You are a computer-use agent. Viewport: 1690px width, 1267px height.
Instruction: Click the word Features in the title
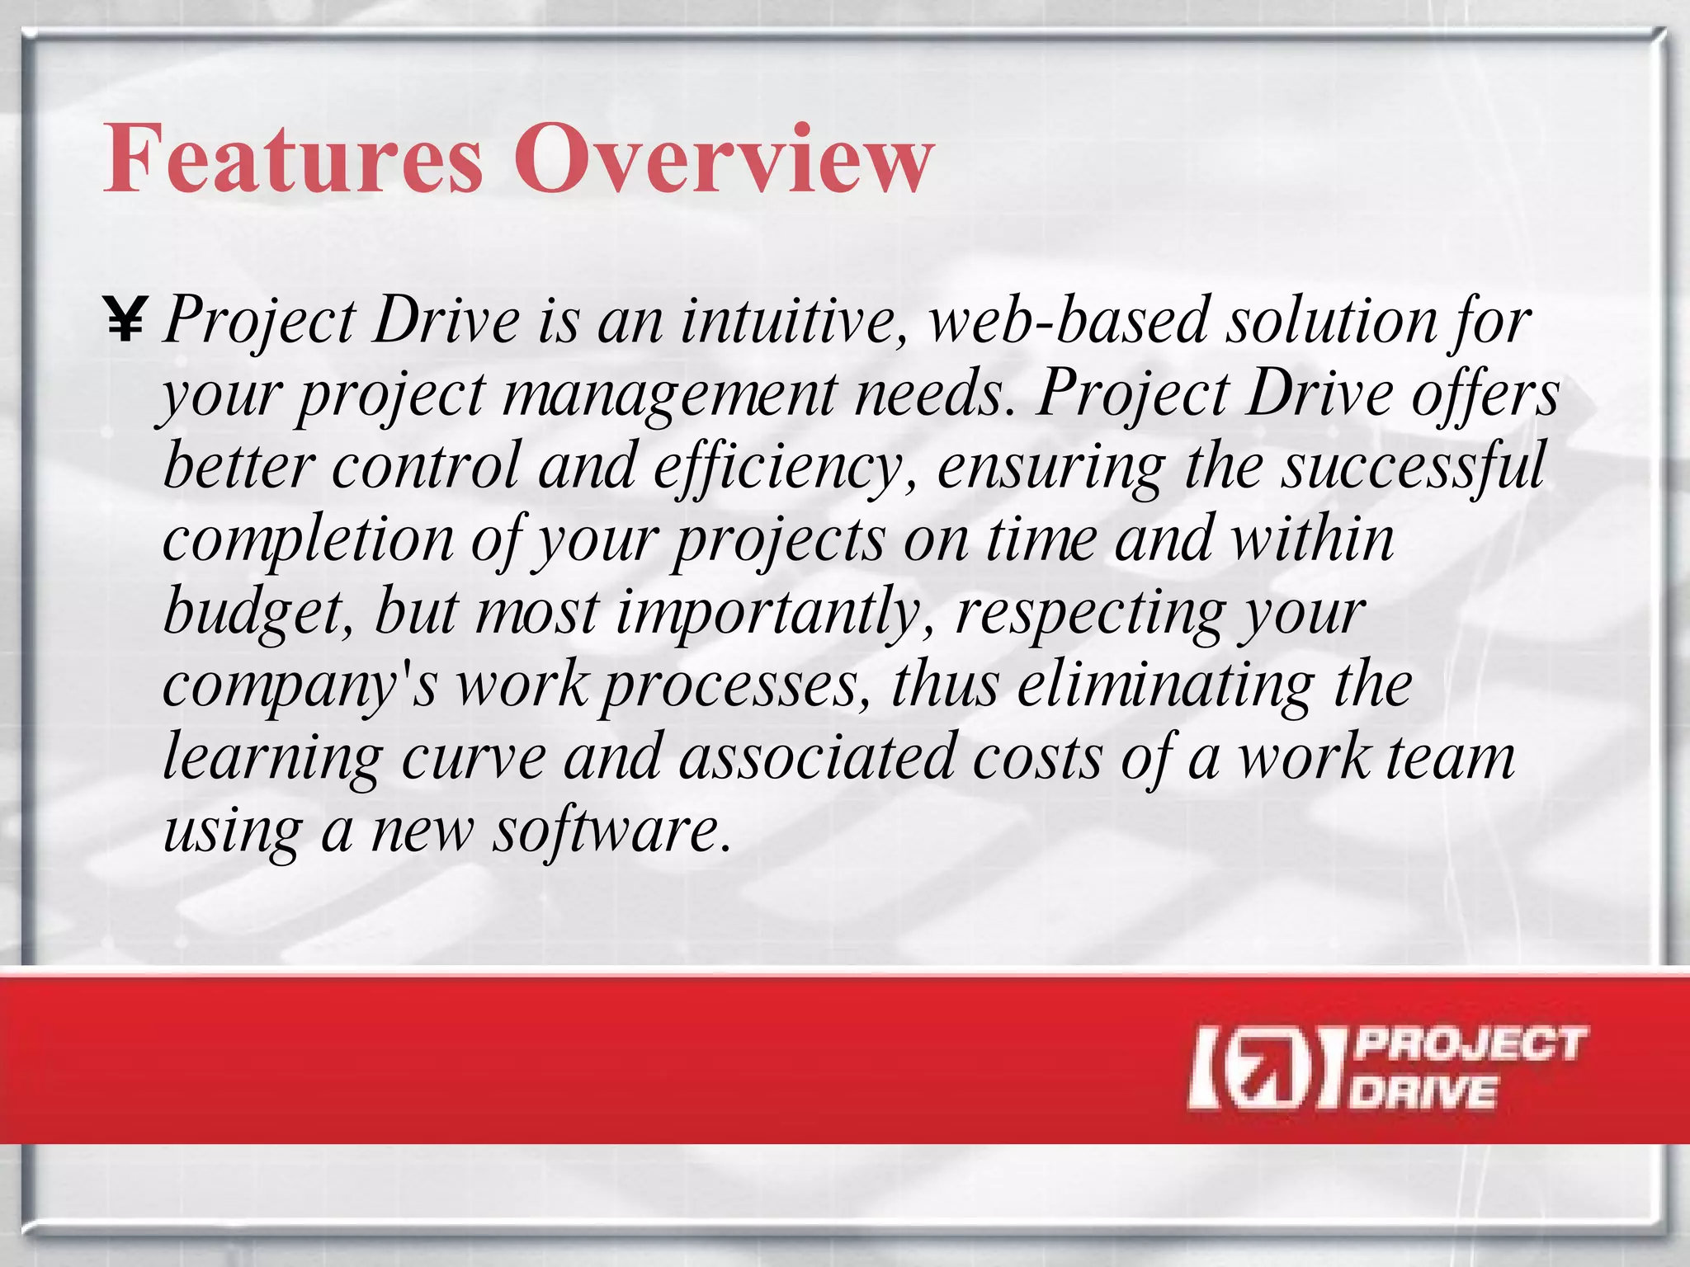(x=293, y=158)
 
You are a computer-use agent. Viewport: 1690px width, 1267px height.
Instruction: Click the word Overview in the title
(x=724, y=158)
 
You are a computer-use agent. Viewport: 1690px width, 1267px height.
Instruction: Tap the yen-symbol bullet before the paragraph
(x=125, y=321)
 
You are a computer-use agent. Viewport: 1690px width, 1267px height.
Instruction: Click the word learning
(x=273, y=757)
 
